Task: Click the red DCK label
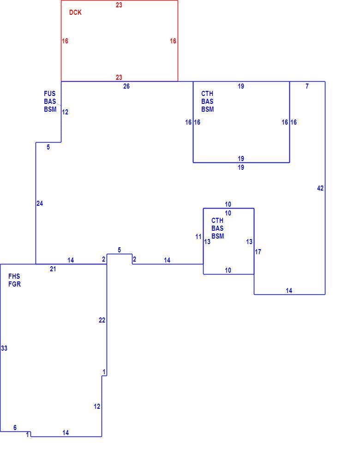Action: click(75, 12)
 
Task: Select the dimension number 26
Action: click(126, 86)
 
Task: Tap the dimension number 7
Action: click(307, 86)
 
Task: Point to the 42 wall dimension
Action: click(320, 188)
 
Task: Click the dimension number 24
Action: click(40, 203)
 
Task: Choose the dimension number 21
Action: click(53, 269)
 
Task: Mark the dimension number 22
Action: click(102, 320)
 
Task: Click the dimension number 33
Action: click(4, 348)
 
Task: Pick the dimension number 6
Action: click(15, 427)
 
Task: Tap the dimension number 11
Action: click(198, 237)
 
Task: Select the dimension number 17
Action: click(258, 252)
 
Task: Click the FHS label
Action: click(14, 276)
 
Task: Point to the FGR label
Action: click(15, 284)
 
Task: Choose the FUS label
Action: click(50, 94)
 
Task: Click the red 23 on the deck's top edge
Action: click(119, 5)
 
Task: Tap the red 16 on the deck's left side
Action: click(65, 41)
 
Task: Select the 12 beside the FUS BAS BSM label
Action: click(65, 112)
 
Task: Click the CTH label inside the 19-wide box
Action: click(207, 94)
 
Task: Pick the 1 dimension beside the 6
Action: click(27, 435)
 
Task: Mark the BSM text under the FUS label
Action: click(50, 109)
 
